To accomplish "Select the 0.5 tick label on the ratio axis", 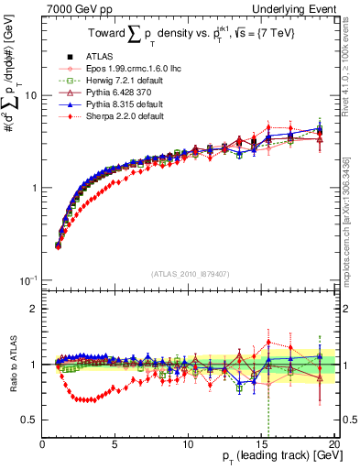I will [29, 420].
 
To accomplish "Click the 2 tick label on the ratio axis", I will [34, 309].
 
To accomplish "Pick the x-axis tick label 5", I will [115, 444].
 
